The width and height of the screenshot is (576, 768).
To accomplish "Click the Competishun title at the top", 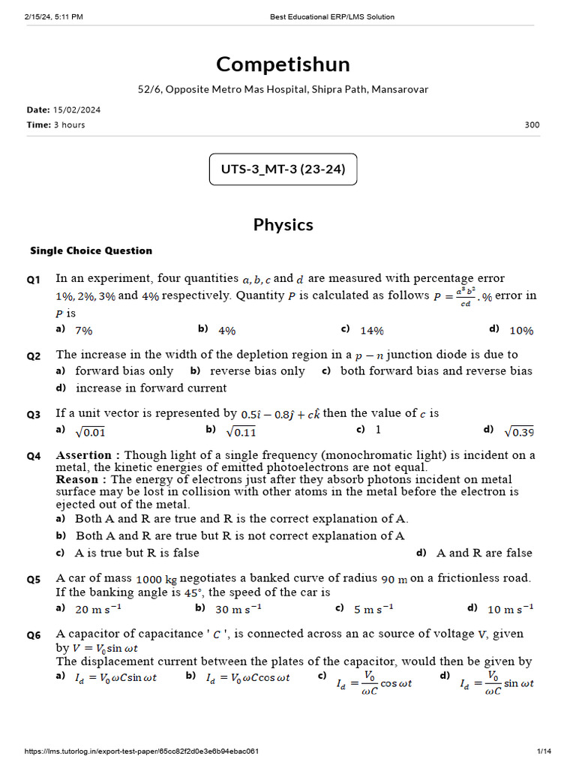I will (283, 64).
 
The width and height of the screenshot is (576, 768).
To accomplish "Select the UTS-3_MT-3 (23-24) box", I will (283, 169).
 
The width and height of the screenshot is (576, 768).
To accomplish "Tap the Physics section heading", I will (283, 225).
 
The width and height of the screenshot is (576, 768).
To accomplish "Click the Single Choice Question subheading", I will (91, 250).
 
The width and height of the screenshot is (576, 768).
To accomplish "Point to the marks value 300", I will (532, 124).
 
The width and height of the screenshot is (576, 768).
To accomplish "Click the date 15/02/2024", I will (76, 109).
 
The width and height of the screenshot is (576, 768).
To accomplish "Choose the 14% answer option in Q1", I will (372, 330).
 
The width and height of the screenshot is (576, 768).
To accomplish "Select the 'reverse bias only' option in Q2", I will (257, 371).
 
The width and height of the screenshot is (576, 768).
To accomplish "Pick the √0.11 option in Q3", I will (241, 431).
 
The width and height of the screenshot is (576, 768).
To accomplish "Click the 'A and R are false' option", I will (484, 553).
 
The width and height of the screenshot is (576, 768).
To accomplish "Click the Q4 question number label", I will (34, 456).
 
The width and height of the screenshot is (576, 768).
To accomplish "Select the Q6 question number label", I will (34, 635).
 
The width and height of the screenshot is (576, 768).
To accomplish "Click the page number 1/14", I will (544, 751).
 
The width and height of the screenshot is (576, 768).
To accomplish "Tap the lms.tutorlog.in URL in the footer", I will (142, 751).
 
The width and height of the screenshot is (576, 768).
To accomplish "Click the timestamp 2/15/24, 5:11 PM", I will (53, 16).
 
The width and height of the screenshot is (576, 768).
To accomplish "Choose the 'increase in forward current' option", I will (151, 388).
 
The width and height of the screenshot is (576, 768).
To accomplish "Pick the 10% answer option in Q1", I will (521, 330).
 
